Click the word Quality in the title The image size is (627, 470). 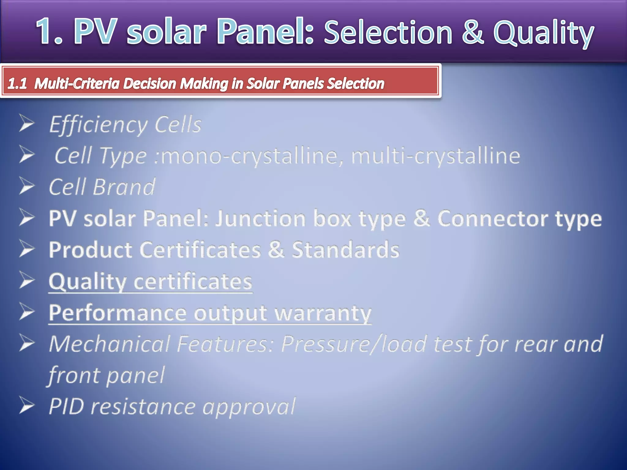[544, 33]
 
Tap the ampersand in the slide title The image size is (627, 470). [473, 32]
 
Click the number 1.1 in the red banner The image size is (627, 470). [17, 84]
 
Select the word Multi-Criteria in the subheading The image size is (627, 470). [77, 84]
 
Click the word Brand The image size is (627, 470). [124, 187]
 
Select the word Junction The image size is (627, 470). [260, 219]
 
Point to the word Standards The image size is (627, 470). [345, 250]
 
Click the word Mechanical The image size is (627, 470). [109, 344]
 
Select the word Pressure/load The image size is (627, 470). [354, 345]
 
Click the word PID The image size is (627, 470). [66, 407]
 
